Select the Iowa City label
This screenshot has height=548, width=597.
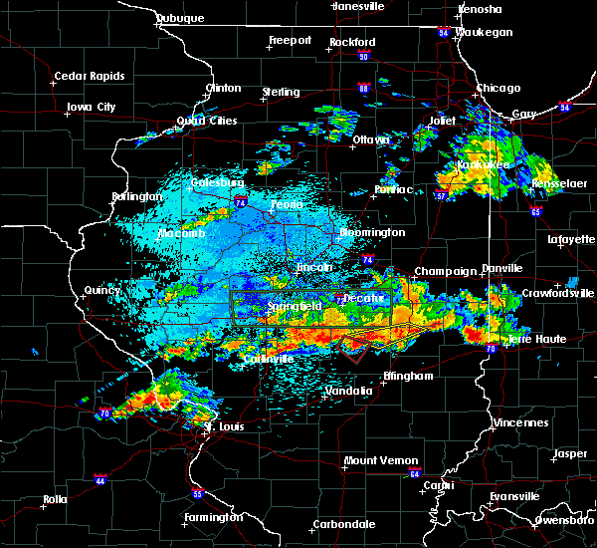click(x=92, y=107)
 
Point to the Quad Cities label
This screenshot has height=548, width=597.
click(x=207, y=121)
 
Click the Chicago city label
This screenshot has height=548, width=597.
click(x=497, y=88)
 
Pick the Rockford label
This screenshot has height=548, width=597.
click(x=354, y=42)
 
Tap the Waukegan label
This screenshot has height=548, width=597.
click(x=484, y=32)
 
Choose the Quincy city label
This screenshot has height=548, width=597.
click(x=101, y=290)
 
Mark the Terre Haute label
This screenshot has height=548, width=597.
click(x=537, y=340)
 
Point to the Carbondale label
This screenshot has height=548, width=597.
click(x=343, y=523)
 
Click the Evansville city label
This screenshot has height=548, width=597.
click(x=513, y=495)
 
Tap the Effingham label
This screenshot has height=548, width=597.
click(x=408, y=377)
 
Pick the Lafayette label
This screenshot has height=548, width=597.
click(x=569, y=240)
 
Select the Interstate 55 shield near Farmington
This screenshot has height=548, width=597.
click(x=197, y=494)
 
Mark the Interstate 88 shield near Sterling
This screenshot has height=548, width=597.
click(x=364, y=89)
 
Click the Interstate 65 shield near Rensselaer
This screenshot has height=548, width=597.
click(x=535, y=211)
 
